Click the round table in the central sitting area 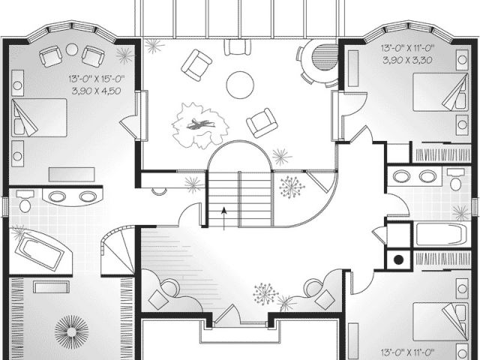tap(241, 84)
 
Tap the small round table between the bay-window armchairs tap(72, 49)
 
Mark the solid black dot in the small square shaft tap(398, 259)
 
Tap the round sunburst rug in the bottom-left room tap(72, 331)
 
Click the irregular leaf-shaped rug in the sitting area tap(199, 124)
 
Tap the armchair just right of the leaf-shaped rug tap(262, 122)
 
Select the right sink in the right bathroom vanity tap(427, 177)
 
